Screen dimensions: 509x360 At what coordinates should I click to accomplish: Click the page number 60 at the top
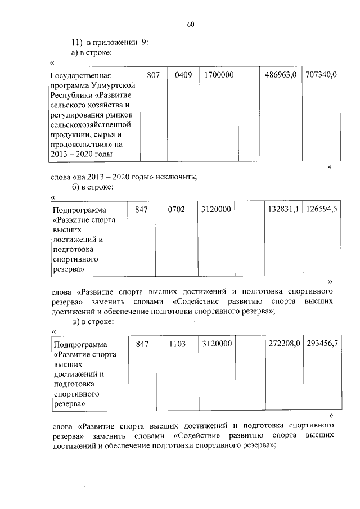pos(190,24)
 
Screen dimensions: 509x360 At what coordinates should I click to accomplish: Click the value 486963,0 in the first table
pos(281,75)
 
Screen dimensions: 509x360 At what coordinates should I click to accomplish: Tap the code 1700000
pos(219,75)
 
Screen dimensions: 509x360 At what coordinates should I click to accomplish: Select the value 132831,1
pos(282,209)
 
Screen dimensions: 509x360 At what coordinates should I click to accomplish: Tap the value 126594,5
pos(322,209)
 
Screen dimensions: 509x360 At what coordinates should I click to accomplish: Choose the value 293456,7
pos(322,343)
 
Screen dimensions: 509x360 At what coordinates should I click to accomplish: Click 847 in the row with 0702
pos(141,209)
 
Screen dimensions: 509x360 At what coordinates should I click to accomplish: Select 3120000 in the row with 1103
pos(217,343)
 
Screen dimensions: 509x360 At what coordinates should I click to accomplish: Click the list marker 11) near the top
pos(76,42)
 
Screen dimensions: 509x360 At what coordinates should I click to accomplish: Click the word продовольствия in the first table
pos(79,144)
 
